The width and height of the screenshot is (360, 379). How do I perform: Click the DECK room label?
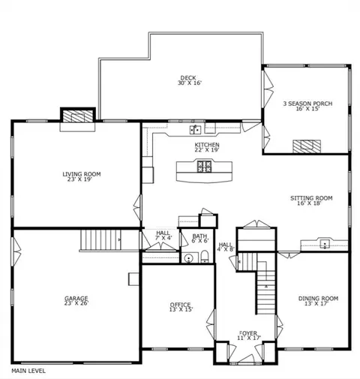click(x=188, y=78)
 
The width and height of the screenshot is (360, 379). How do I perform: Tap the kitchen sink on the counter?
click(x=196, y=130)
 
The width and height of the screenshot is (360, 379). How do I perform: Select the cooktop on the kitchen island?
click(x=205, y=167)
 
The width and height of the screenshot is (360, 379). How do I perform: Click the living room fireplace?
click(x=78, y=116)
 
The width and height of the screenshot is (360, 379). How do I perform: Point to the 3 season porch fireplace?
click(x=307, y=146)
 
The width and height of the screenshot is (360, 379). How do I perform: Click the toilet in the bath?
click(x=205, y=257)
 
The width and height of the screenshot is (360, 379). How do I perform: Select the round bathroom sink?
click(x=188, y=258)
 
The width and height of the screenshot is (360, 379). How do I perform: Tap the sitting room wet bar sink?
click(x=325, y=243)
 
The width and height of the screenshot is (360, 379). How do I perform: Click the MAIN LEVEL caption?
click(x=28, y=371)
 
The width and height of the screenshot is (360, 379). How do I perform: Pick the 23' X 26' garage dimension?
click(x=76, y=303)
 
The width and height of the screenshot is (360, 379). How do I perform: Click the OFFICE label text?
click(x=180, y=305)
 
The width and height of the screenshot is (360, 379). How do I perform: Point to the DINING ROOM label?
click(x=318, y=298)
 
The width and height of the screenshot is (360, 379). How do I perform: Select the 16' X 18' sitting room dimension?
click(x=309, y=203)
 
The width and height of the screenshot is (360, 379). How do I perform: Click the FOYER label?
click(x=248, y=333)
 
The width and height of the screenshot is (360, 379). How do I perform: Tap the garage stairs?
click(x=100, y=240)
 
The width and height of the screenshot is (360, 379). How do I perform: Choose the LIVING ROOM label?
click(x=82, y=174)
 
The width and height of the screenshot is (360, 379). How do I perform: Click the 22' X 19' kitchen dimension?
click(x=207, y=150)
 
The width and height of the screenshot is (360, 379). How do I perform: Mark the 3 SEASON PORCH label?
click(x=307, y=104)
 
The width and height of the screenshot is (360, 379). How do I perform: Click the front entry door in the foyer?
click(x=246, y=359)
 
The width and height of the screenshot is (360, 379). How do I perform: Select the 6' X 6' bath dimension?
click(x=199, y=240)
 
